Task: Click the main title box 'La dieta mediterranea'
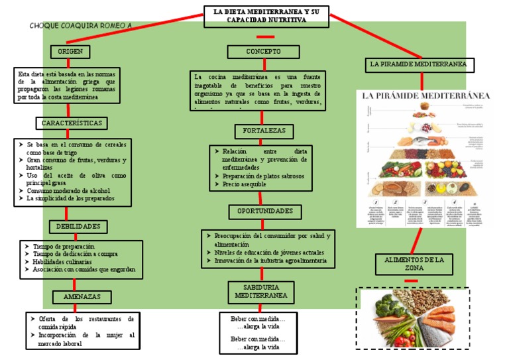266,16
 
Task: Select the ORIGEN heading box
70,52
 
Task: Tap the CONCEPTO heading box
263,52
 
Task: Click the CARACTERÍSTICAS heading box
72,123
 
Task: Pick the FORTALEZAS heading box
264,131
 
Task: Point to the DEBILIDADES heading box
78,227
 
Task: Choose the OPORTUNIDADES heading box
265,211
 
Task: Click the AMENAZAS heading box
82,297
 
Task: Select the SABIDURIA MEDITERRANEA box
261,290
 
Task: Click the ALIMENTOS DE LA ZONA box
414,264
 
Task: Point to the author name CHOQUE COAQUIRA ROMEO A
81,26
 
